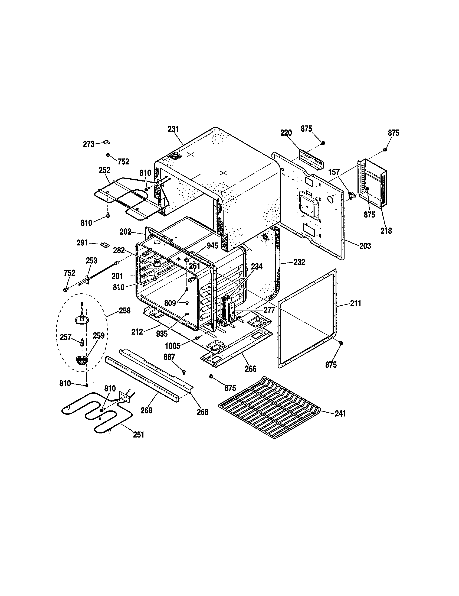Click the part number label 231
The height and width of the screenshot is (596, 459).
173,129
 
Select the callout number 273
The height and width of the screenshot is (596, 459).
88,144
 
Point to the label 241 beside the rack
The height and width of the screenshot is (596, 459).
340,414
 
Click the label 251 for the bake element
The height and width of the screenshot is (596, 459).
139,435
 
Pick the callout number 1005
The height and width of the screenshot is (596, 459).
173,346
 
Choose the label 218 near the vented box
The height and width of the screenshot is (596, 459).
386,231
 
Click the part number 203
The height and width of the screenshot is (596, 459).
365,246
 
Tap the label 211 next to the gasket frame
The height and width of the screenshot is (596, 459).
356,303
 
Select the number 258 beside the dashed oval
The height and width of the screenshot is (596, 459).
125,310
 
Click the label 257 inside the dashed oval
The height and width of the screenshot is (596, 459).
66,337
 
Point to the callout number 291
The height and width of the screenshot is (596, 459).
83,242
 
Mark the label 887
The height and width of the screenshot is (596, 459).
169,357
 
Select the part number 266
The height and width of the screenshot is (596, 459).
251,369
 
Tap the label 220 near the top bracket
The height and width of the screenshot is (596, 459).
286,133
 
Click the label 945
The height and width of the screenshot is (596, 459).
212,246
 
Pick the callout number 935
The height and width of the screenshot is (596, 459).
162,333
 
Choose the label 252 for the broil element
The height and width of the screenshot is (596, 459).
104,170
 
